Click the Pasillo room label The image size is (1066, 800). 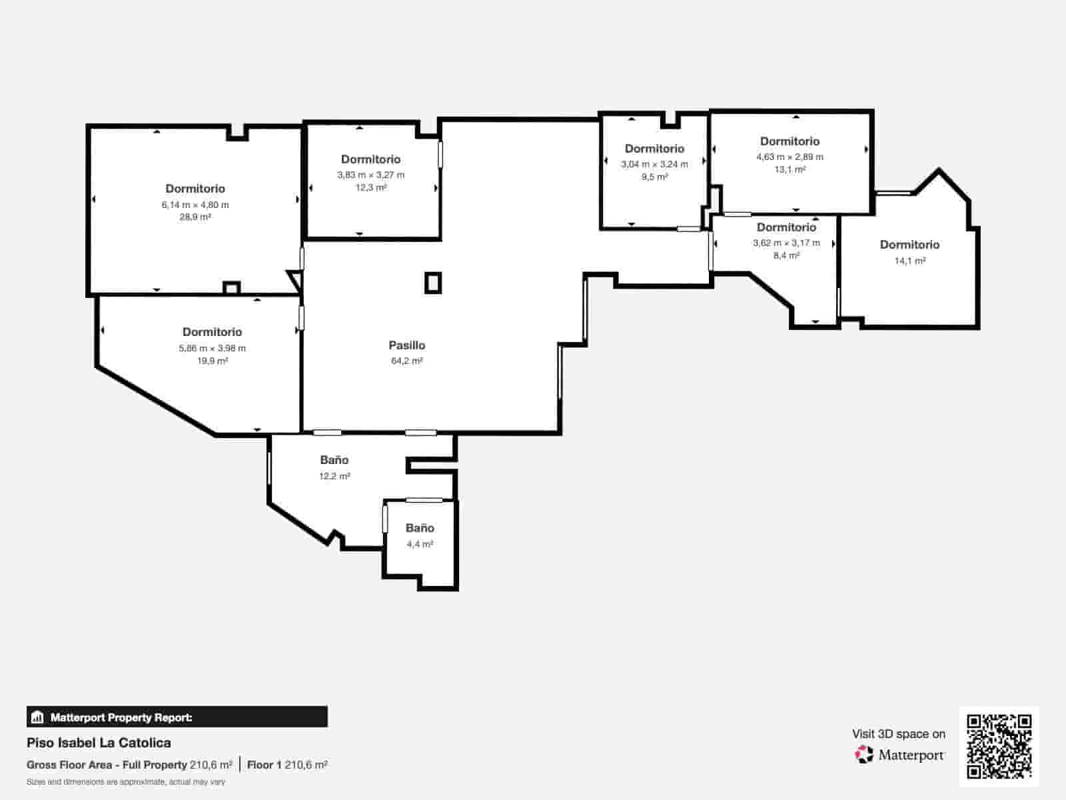pyautogui.click(x=406, y=345)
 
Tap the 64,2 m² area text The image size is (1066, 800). pyautogui.click(x=406, y=361)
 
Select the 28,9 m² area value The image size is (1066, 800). pyautogui.click(x=195, y=217)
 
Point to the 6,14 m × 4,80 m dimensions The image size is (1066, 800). pyautogui.click(x=195, y=205)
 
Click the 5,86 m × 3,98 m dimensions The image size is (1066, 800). pyautogui.click(x=213, y=348)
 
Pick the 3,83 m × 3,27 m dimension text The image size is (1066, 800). pyautogui.click(x=371, y=175)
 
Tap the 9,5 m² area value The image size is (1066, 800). pyautogui.click(x=655, y=177)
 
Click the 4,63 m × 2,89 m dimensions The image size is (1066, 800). pyautogui.click(x=790, y=157)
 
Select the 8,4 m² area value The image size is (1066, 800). pyautogui.click(x=786, y=255)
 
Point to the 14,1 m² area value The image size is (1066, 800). pyautogui.click(x=910, y=261)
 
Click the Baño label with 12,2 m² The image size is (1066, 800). pyautogui.click(x=334, y=460)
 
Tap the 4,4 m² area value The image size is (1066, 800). pyautogui.click(x=420, y=545)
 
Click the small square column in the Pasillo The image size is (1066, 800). pyautogui.click(x=433, y=283)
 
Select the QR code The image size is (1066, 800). pyautogui.click(x=999, y=746)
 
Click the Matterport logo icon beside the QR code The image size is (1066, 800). pyautogui.click(x=864, y=755)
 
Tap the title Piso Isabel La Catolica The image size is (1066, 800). pyautogui.click(x=99, y=743)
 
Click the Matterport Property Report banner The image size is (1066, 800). pyautogui.click(x=177, y=717)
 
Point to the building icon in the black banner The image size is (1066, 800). pyautogui.click(x=37, y=717)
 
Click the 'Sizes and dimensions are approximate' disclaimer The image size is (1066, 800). pyautogui.click(x=126, y=782)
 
